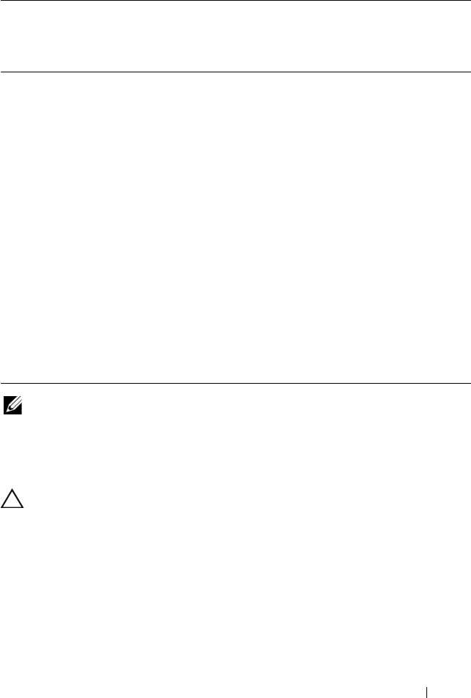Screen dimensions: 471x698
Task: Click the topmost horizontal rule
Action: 235,1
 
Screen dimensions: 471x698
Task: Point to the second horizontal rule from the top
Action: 235,72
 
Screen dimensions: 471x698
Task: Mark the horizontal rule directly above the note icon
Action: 235,384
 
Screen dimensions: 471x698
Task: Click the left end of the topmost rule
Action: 1,1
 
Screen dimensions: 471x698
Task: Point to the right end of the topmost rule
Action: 470,1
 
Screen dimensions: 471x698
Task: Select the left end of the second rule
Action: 1,72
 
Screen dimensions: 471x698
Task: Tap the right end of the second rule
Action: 470,72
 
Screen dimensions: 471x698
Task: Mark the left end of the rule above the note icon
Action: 1,384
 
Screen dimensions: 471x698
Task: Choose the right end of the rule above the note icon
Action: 470,384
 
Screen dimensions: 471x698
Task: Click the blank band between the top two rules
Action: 235,37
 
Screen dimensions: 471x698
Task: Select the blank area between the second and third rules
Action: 235,227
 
